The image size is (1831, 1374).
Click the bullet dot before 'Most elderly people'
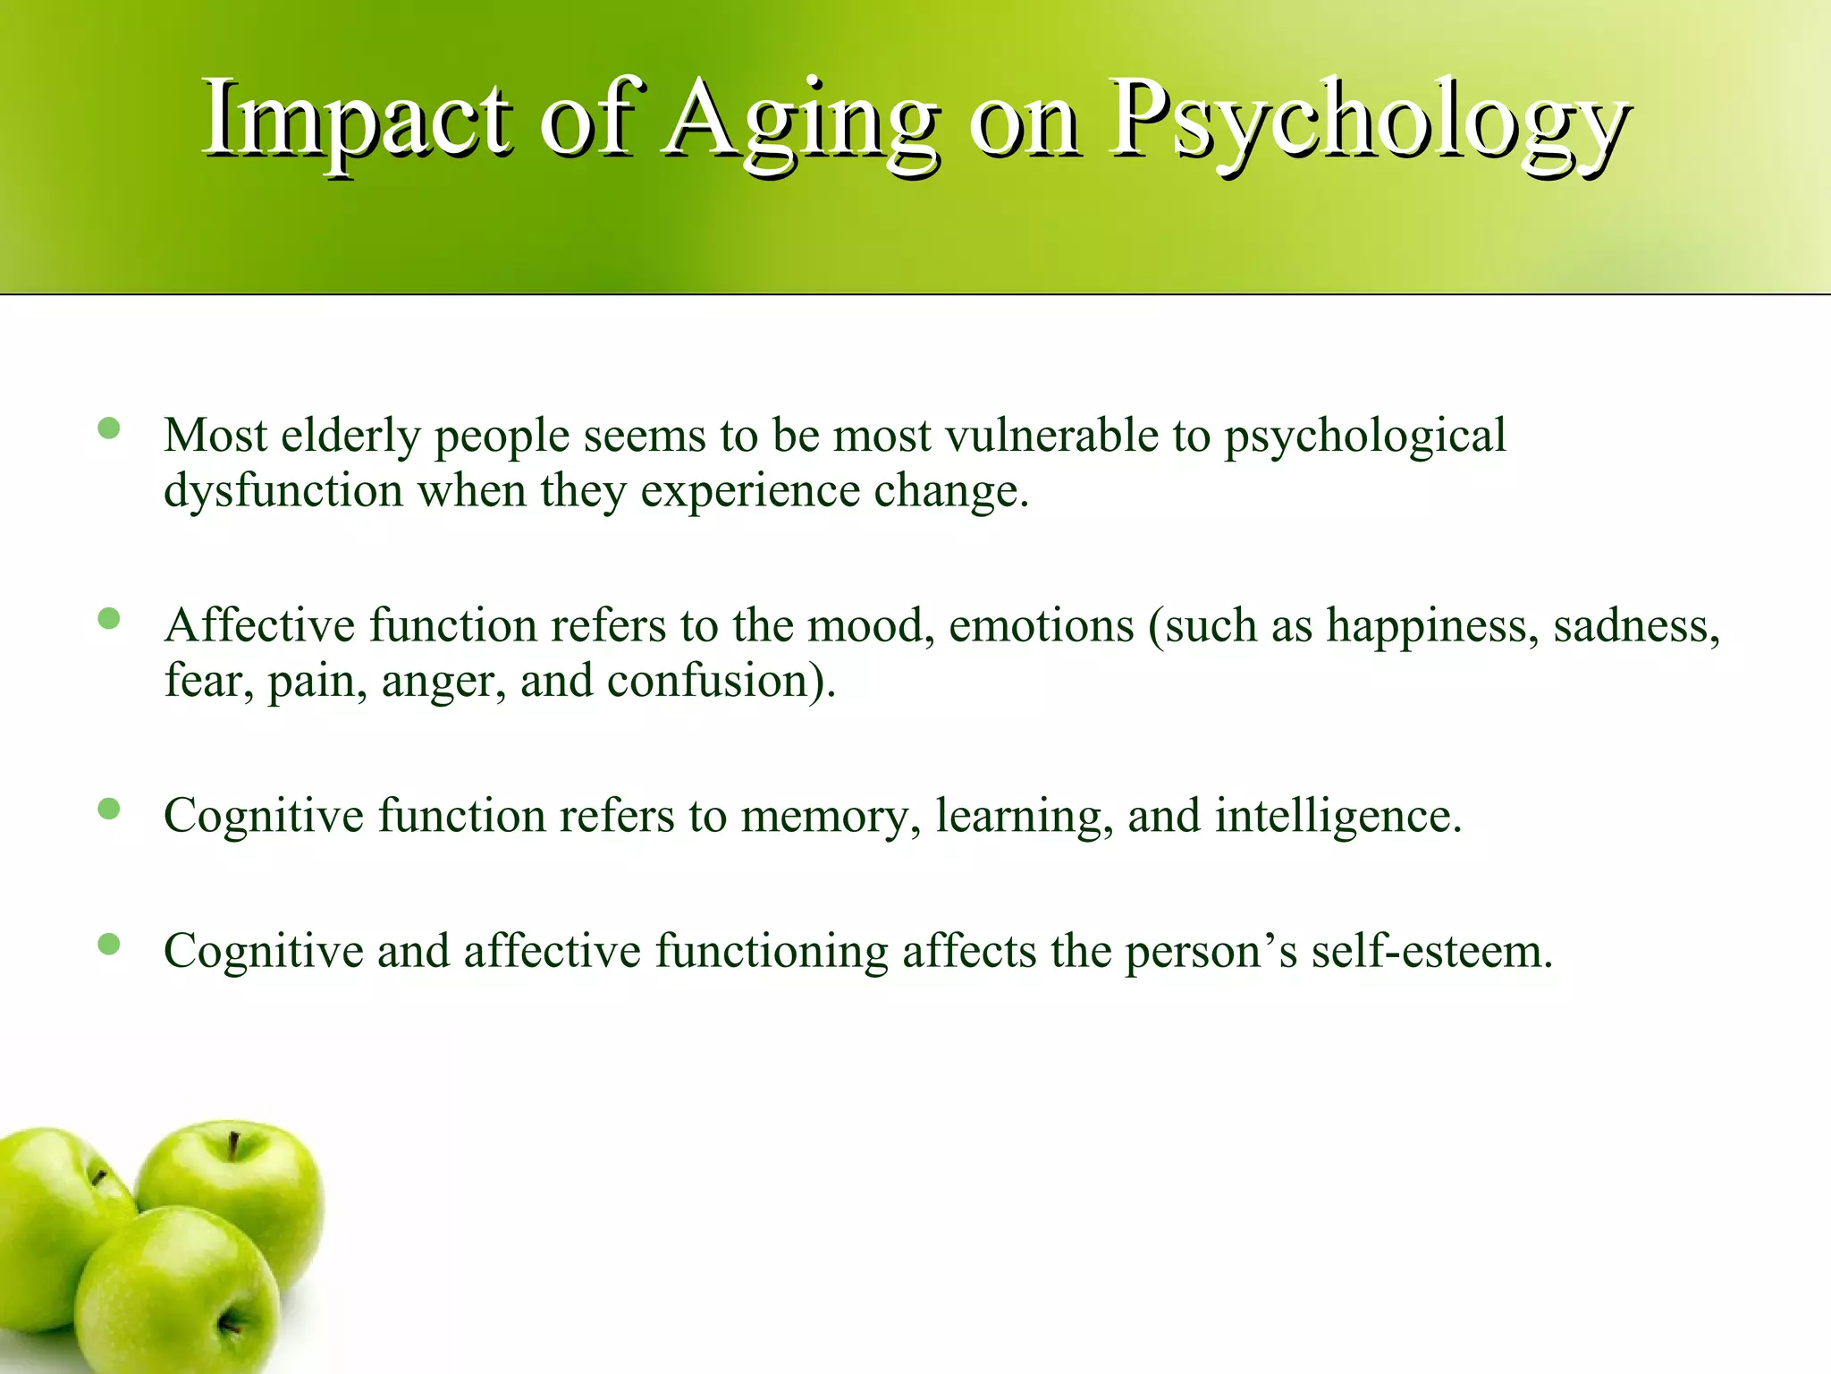pyautogui.click(x=109, y=428)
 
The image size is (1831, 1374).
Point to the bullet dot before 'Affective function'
pyautogui.click(x=109, y=618)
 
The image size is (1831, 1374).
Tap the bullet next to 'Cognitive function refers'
pyautogui.click(x=109, y=809)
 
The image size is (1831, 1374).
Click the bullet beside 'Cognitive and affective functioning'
pyautogui.click(x=109, y=944)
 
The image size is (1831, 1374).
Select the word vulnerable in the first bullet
pyautogui.click(x=1051, y=436)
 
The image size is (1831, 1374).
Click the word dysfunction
pyautogui.click(x=283, y=491)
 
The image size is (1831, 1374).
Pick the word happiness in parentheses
pyautogui.click(x=1432, y=625)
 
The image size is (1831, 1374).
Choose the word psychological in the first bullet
pyautogui.click(x=1364, y=436)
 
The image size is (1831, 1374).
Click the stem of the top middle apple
pyautogui.click(x=233, y=1145)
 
